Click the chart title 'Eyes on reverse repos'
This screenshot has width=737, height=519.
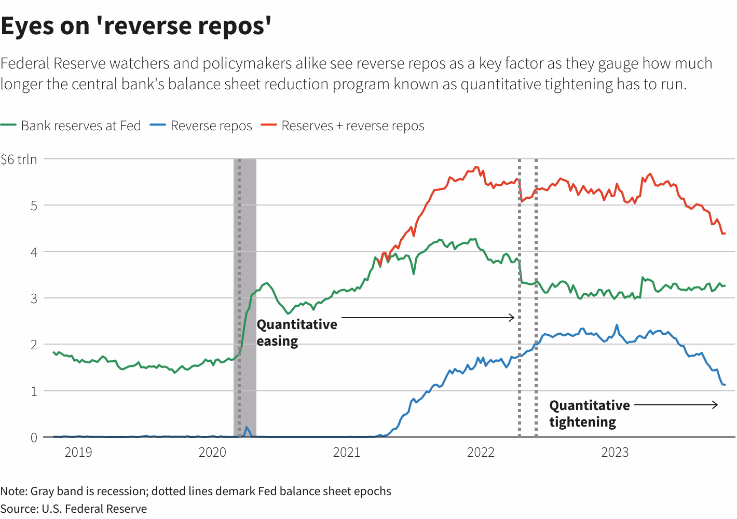click(x=136, y=26)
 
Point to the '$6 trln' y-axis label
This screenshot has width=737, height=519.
click(x=19, y=159)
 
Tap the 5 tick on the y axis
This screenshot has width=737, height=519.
click(x=34, y=206)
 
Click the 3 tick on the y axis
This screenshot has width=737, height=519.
click(x=34, y=298)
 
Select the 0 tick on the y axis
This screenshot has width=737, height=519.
click(x=34, y=438)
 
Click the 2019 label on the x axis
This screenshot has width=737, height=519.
click(x=78, y=453)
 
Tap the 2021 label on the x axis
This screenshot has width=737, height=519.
click(x=347, y=453)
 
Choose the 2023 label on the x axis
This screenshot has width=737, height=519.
click(x=615, y=453)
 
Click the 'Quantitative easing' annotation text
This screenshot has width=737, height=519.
click(x=296, y=333)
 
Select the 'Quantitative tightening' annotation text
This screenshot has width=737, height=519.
click(x=589, y=414)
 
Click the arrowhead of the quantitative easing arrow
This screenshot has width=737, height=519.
click(x=512, y=318)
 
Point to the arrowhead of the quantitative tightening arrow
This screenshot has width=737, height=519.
click(x=716, y=405)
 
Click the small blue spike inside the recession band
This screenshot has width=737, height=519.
click(x=247, y=428)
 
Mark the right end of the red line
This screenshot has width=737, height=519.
click(x=724, y=234)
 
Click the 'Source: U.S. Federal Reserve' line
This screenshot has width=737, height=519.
click(x=74, y=509)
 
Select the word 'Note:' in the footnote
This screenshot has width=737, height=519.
click(x=14, y=491)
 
